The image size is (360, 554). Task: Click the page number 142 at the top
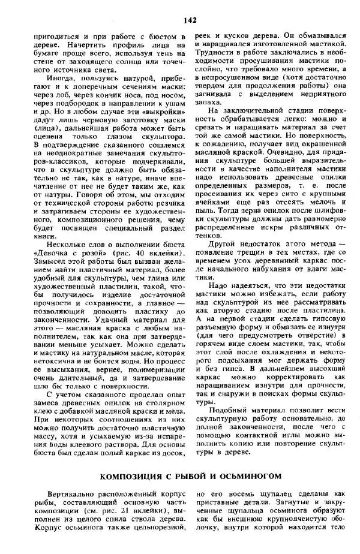coord(190,20)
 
